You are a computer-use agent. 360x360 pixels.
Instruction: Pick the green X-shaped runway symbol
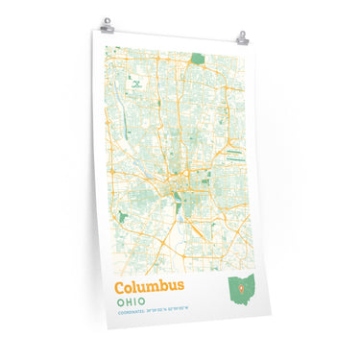[137, 84]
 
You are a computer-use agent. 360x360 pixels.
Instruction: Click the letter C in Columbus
[122, 287]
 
